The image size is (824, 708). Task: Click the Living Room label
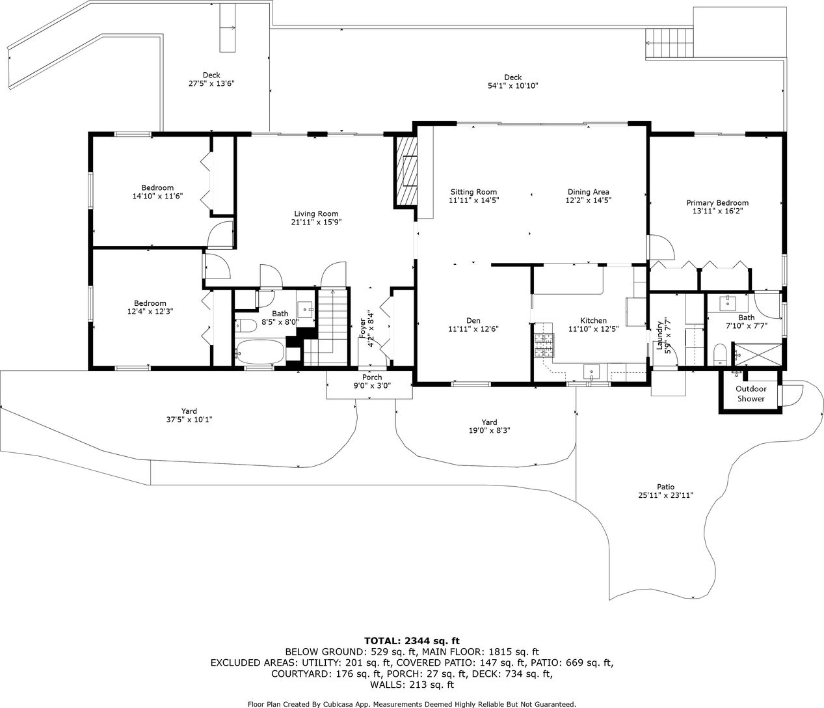(x=316, y=214)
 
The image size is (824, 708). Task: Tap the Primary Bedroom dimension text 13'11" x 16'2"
(x=717, y=211)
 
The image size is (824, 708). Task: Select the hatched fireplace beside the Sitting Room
(x=405, y=172)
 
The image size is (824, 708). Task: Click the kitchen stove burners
(x=544, y=346)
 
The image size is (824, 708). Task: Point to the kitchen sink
(x=591, y=372)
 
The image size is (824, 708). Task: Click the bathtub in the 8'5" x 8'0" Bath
(x=259, y=351)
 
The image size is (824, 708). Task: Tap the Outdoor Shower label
(x=751, y=394)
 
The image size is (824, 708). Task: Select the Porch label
(x=372, y=377)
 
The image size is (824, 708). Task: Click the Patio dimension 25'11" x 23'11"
(x=666, y=495)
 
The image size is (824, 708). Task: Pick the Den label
(x=473, y=320)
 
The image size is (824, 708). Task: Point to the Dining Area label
(x=589, y=192)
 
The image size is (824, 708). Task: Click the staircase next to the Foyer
(x=327, y=327)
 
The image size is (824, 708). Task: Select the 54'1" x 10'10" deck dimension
(x=513, y=86)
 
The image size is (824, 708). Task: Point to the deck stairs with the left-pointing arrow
(x=670, y=43)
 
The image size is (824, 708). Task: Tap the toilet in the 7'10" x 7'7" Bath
(x=720, y=354)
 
